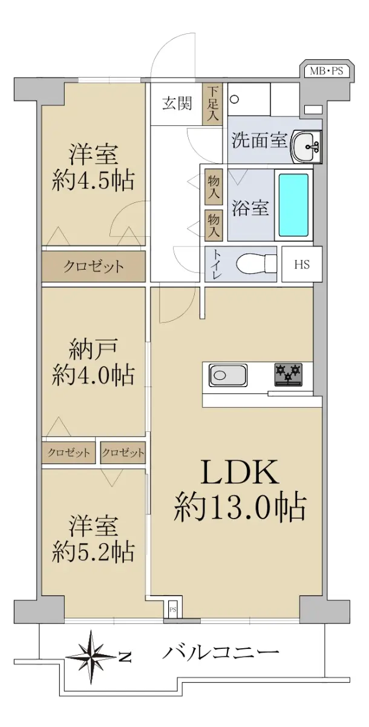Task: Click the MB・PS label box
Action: click(326, 71)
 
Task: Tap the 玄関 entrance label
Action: click(177, 104)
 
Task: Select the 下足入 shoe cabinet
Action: click(213, 104)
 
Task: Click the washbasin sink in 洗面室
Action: click(306, 146)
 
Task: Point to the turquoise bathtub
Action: click(293, 205)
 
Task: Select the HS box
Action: click(302, 264)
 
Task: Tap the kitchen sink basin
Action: click(228, 375)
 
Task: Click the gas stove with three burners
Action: click(289, 374)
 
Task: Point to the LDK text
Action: click(240, 473)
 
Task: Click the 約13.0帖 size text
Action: click(240, 508)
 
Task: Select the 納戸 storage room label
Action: click(93, 349)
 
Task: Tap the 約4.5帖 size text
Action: click(93, 181)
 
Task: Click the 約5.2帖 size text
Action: click(93, 553)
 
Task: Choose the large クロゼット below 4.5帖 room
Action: click(93, 267)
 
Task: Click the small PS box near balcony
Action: click(172, 609)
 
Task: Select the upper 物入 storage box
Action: click(214, 187)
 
